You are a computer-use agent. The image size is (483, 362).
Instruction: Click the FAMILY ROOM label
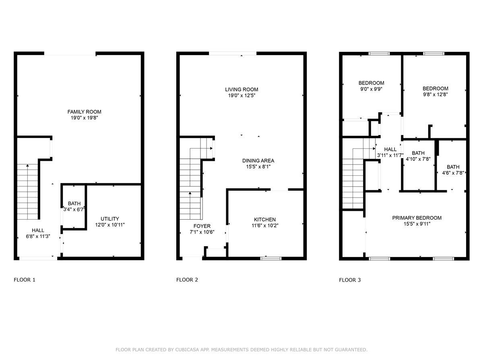click(84, 112)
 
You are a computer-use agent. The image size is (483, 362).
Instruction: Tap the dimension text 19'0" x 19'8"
click(84, 118)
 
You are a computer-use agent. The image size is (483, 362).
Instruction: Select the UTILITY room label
click(110, 219)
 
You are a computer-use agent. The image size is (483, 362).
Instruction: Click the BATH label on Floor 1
click(74, 204)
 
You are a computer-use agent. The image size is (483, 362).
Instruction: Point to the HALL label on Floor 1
click(38, 230)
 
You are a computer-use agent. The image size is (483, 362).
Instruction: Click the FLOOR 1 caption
click(25, 280)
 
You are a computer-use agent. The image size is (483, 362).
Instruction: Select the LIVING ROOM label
click(241, 89)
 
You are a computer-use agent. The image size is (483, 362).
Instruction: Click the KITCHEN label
click(264, 219)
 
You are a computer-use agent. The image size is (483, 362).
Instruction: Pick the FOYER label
click(202, 226)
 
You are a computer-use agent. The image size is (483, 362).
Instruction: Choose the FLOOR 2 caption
click(187, 280)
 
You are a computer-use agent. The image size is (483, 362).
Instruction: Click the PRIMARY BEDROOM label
click(417, 218)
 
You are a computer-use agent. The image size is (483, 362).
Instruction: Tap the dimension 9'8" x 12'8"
click(435, 95)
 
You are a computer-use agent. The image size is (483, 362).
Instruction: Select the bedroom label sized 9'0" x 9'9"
click(371, 83)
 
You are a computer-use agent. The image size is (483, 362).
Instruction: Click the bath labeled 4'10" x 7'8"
click(418, 153)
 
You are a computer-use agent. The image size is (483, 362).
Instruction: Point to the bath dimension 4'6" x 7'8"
click(453, 173)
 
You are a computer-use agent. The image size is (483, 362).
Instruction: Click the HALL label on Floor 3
click(390, 149)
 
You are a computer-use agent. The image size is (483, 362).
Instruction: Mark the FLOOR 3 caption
click(350, 280)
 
